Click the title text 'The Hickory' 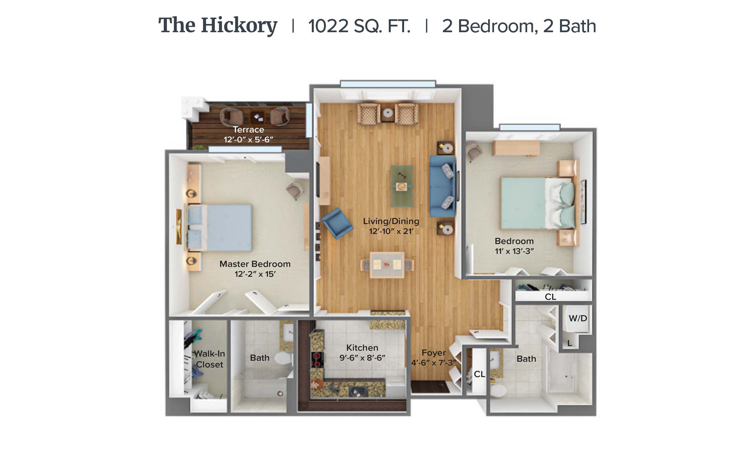pyautogui.click(x=218, y=26)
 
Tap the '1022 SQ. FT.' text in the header pyautogui.click(x=359, y=26)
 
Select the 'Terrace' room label pyautogui.click(x=248, y=130)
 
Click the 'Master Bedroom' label pyautogui.click(x=255, y=264)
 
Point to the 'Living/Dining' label pyautogui.click(x=391, y=221)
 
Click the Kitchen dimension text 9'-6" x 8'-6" pyautogui.click(x=362, y=358)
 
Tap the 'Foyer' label pyautogui.click(x=434, y=353)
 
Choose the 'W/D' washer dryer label pyautogui.click(x=578, y=318)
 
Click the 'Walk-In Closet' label pyautogui.click(x=210, y=359)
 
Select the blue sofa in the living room pyautogui.click(x=443, y=187)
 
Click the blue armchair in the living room pyautogui.click(x=337, y=223)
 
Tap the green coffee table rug pyautogui.click(x=402, y=186)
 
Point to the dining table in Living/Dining pyautogui.click(x=387, y=265)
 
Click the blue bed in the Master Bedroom pyautogui.click(x=219, y=227)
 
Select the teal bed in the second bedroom pyautogui.click(x=538, y=203)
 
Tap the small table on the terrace pyautogui.click(x=258, y=117)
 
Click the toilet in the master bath pyautogui.click(x=282, y=358)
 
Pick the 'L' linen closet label pyautogui.click(x=569, y=343)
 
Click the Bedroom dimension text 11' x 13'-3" pyautogui.click(x=514, y=251)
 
